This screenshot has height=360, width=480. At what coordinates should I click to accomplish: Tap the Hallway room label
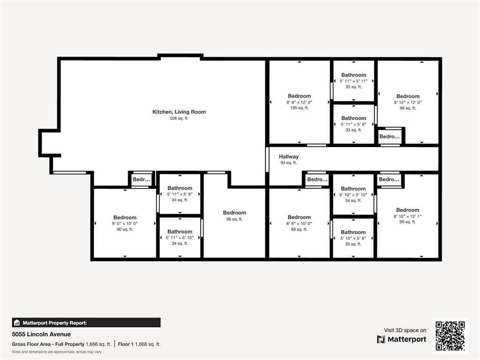point(289,157)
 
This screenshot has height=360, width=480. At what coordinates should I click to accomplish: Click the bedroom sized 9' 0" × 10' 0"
point(125,217)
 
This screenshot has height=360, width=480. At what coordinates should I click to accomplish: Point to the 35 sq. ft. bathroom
point(353,75)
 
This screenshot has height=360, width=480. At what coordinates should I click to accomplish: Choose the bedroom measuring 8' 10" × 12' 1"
point(407,210)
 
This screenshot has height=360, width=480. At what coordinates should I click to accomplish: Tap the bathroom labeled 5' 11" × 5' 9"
point(180,188)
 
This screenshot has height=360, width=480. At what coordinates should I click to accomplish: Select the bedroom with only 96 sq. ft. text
point(234,213)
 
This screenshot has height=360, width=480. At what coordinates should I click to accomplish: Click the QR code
point(450,336)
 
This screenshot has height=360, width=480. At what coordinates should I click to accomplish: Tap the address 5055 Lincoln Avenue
point(41,334)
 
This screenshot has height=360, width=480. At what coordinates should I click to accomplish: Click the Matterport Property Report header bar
point(86,322)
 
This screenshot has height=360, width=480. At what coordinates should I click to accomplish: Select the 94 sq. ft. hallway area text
point(289,163)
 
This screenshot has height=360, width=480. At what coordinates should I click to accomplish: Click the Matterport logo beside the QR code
point(402,339)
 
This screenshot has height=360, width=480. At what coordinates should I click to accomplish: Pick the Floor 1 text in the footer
point(139,344)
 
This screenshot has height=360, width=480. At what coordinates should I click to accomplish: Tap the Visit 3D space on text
point(405,330)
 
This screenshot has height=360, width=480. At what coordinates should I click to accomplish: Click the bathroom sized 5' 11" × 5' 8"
point(353,118)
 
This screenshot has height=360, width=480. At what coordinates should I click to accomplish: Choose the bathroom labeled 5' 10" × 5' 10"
point(353,189)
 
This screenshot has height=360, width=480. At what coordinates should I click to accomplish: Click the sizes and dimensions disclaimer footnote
point(57,352)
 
